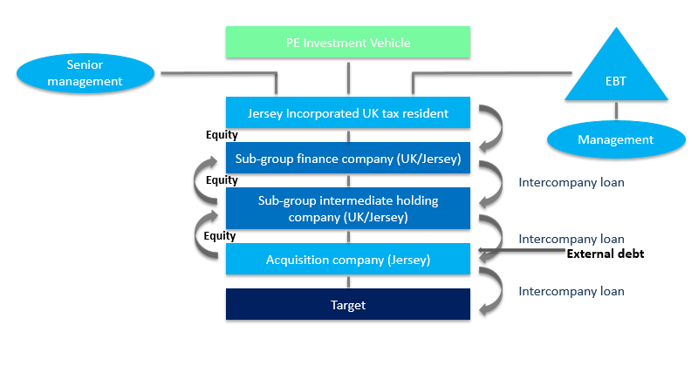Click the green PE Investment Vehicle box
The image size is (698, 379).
click(348, 42)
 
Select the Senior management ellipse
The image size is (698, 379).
click(86, 73)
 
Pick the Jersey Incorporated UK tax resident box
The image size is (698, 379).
click(348, 113)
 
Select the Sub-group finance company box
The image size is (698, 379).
click(348, 158)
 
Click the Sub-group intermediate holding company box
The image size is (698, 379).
click(348, 208)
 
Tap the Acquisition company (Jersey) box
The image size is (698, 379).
click(348, 259)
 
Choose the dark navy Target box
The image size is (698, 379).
click(348, 305)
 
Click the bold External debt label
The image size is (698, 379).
click(605, 254)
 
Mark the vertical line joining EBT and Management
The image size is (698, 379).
click(617, 111)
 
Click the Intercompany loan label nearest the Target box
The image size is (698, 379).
click(571, 291)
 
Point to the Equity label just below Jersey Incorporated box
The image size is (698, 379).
click(222, 135)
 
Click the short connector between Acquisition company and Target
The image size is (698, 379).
click(348, 281)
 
